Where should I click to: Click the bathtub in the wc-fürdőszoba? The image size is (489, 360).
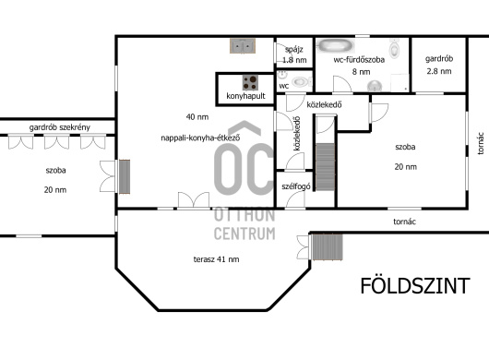tap(336, 45)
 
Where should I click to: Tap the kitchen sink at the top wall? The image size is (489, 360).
tap(243, 46)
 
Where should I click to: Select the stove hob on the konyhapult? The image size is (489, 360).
tap(250, 83)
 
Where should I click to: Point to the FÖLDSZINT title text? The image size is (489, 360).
tap(415, 286)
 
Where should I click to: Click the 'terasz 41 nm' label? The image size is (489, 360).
tap(217, 259)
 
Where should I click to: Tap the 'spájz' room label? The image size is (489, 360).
tap(293, 50)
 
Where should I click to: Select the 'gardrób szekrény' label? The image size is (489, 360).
tap(60, 127)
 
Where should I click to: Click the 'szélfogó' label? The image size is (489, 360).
tap(296, 186)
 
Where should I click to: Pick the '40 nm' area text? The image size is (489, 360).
tap(197, 117)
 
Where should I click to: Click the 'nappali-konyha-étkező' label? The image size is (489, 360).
tap(200, 138)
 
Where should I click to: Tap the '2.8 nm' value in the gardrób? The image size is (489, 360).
tap(439, 71)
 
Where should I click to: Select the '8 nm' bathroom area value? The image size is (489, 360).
tap(361, 72)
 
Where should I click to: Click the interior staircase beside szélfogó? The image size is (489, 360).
tap(326, 167)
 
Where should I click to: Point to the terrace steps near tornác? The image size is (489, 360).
tap(328, 247)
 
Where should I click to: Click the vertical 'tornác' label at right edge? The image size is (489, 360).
tap(481, 143)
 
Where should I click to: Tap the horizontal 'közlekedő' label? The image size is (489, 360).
tap(324, 104)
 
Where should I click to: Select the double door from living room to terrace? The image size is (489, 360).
tap(194, 199)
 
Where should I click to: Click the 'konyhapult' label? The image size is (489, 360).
tap(245, 96)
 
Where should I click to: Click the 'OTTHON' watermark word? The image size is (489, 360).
tap(244, 215)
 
